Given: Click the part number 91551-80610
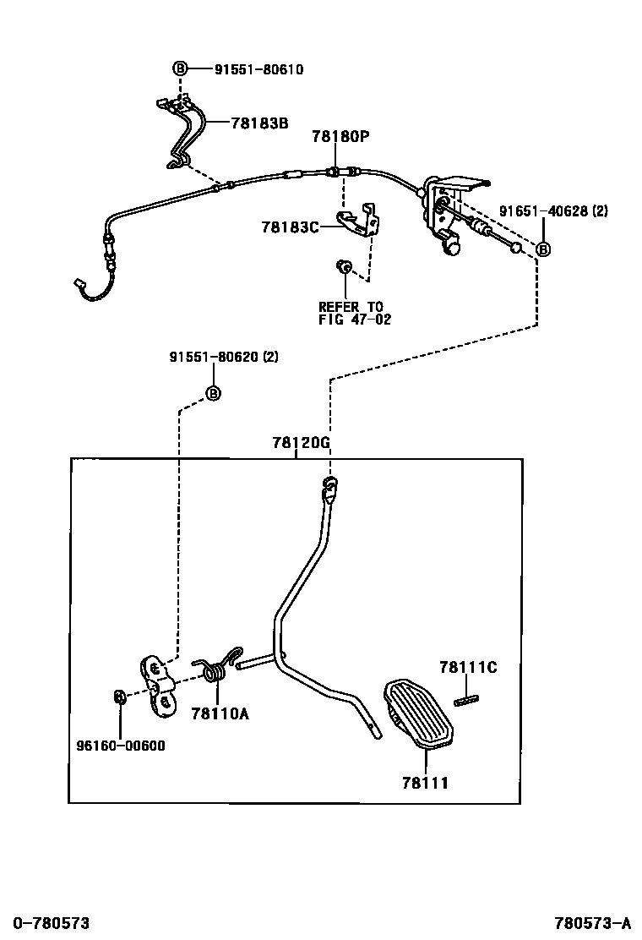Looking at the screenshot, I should (247, 69).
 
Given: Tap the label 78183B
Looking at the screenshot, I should (259, 123).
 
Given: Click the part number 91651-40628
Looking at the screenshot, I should (542, 210).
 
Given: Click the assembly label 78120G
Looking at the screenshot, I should (301, 442).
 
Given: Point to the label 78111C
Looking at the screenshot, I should (467, 668).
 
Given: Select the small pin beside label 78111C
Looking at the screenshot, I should (466, 699).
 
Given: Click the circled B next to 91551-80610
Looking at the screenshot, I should (180, 69).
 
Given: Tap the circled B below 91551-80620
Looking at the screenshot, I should (213, 393).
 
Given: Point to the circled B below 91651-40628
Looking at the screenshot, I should (543, 249).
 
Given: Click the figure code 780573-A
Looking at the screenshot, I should (592, 922).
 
